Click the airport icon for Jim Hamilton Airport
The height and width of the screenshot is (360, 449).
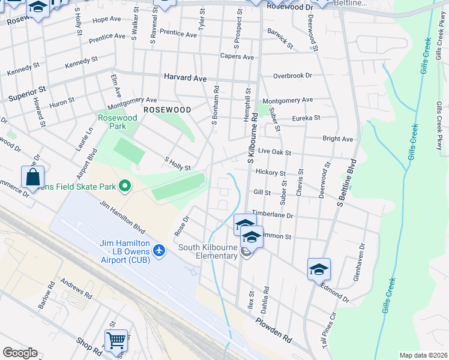click(x=158, y=249)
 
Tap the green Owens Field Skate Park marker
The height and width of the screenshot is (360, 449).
click(x=125, y=187)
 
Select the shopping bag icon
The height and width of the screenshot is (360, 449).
click(x=32, y=178)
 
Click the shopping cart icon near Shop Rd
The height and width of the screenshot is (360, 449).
click(x=116, y=341)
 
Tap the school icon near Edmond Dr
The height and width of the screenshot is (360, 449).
click(x=319, y=269)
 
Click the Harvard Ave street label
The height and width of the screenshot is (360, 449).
click(x=185, y=78)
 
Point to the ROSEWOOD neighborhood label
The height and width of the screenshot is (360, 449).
click(x=167, y=110)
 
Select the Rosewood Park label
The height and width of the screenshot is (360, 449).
click(x=117, y=123)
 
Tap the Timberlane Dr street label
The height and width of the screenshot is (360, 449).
click(x=273, y=215)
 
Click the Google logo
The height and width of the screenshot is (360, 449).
click(x=20, y=353)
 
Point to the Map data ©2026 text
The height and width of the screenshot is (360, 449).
click(x=423, y=355)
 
